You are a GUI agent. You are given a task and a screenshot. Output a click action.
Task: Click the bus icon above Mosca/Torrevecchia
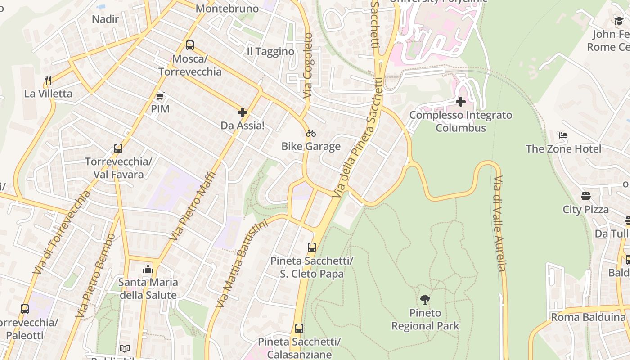coord(190,45)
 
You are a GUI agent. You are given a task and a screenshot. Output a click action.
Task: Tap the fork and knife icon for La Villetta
coord(48,81)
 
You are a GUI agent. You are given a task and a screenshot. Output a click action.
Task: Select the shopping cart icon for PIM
coord(160,96)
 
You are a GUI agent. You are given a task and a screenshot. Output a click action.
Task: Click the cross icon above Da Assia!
coord(243,112)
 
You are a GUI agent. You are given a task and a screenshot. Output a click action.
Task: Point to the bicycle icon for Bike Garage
coord(311,133)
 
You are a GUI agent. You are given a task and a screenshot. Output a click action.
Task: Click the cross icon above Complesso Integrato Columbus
coord(461,102)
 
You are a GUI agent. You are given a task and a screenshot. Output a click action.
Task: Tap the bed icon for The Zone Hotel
coord(563,135)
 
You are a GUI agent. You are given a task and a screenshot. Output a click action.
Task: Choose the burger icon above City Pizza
coord(585,196)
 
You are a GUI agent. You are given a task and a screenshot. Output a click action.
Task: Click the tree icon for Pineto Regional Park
coord(425,299)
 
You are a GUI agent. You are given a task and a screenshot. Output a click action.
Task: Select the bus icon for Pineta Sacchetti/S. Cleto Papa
coord(312,247)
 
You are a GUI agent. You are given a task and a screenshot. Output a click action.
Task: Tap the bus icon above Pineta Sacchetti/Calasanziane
coord(299,328)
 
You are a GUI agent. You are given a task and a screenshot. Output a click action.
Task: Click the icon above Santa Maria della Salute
coord(148,269)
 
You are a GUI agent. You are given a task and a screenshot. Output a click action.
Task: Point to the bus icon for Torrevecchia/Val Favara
coord(118,148)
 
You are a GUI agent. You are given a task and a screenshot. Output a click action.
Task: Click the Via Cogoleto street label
coord(308,66)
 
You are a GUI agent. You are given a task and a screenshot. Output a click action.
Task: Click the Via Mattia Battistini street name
coord(242,264)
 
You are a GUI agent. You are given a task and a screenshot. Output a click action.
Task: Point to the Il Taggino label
coord(270,52)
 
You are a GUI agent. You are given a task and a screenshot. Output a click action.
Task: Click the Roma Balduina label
coord(588,317)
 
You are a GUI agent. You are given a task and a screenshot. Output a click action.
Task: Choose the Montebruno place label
coord(227,9)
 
